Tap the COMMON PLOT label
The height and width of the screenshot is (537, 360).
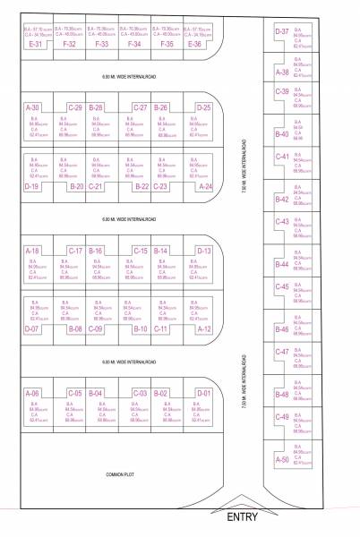point(119,473)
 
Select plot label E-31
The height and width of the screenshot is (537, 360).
point(36,43)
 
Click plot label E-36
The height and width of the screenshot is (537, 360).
point(195,43)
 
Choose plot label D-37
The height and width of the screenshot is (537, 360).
point(281,31)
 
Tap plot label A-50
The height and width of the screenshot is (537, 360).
point(281,459)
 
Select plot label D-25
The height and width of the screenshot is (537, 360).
point(203,107)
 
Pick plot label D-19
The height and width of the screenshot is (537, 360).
point(32,187)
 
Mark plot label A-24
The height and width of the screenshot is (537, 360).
point(204,187)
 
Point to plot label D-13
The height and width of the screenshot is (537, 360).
point(203,251)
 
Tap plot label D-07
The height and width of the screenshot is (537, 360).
point(32,329)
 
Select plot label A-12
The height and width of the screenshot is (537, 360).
point(204,329)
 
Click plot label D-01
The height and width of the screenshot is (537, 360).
point(203,393)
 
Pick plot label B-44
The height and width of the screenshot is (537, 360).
point(281,264)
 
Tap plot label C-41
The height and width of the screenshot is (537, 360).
point(281,157)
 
